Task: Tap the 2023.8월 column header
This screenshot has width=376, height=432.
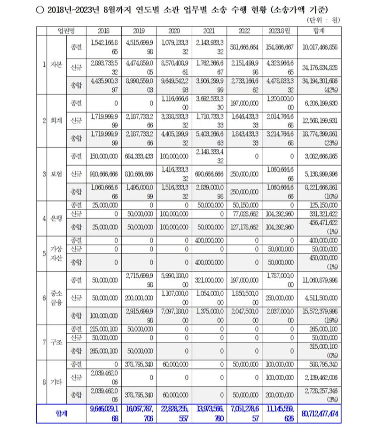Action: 279,31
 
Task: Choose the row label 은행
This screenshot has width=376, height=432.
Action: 55,219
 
